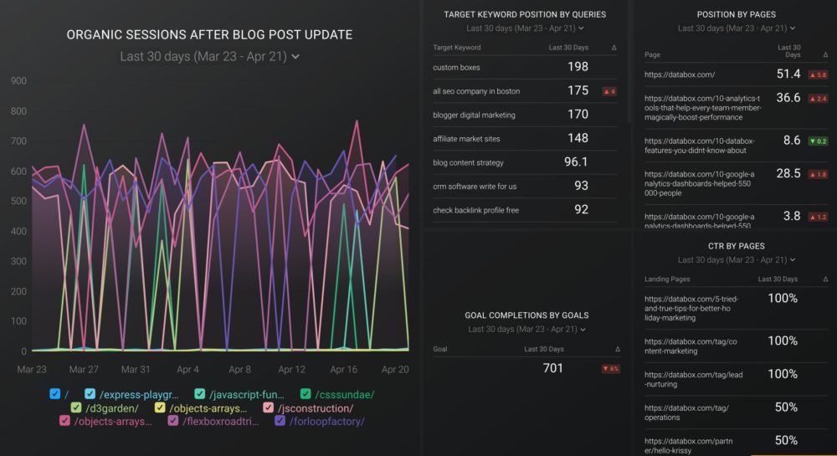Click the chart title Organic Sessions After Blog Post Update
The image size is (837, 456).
[209, 35]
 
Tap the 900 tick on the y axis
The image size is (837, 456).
[18, 81]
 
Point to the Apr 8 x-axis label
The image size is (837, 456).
[239, 369]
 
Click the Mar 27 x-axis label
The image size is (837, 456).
[84, 369]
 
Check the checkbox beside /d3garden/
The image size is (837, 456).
[76, 407]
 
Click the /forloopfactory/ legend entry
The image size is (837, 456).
[327, 421]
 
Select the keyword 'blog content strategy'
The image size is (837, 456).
[469, 162]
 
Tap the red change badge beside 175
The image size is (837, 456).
[609, 91]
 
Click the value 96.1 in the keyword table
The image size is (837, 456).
[576, 162]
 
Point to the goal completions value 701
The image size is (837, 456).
[552, 368]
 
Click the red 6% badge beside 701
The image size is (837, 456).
[610, 369]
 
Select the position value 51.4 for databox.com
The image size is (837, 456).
[788, 74]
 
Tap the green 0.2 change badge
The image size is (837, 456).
[818, 141]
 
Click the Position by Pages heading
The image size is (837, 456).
[736, 14]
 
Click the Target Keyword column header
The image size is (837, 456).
[457, 48]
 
